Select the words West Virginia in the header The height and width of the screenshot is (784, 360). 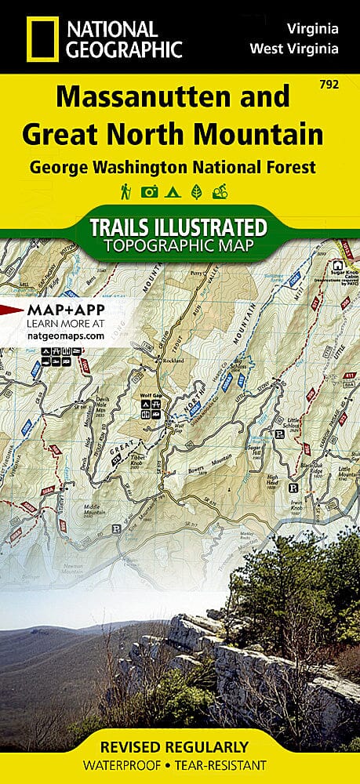tap(294, 49)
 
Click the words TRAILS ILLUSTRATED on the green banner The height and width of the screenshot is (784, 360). tap(180, 227)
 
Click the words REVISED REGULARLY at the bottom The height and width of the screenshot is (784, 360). tap(180, 746)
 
